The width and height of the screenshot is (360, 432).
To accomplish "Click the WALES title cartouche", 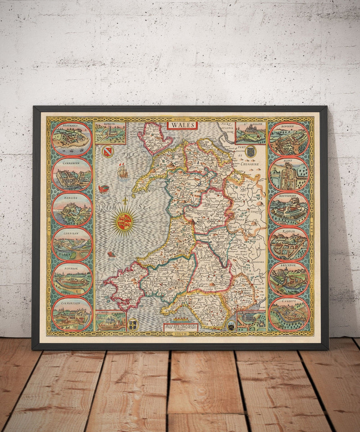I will (182, 125).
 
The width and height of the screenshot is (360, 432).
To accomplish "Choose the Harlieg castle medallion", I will (72, 209).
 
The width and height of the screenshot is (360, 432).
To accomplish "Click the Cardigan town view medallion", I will (72, 244).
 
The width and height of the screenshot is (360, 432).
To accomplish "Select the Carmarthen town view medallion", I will (72, 314).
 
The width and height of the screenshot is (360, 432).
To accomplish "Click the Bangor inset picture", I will (110, 133).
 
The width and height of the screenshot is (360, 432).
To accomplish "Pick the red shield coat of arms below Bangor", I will (107, 152).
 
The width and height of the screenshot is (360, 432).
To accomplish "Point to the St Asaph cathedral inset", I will (250, 133).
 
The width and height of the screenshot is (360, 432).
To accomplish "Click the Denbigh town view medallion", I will (289, 139).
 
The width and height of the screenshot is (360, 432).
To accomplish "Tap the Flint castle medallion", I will (289, 174).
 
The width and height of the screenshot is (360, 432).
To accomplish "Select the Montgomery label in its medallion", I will (289, 198).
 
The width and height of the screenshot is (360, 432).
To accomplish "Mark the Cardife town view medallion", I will (289, 314).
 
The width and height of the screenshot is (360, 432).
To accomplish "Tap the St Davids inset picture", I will (110, 321).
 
